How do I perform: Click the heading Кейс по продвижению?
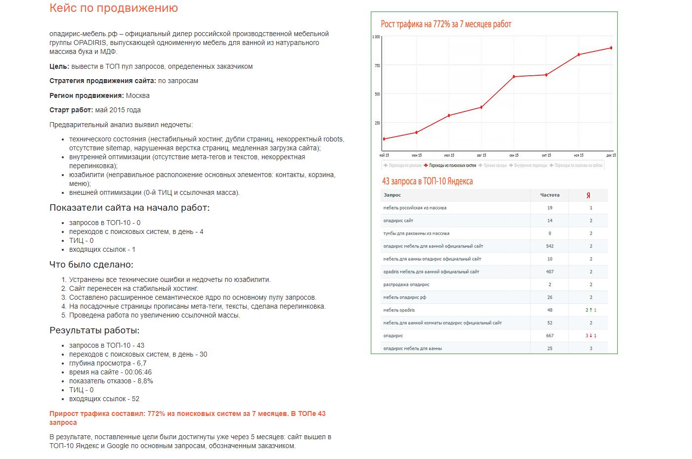(113, 8)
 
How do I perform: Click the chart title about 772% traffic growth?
(445, 24)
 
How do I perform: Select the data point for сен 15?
(514, 77)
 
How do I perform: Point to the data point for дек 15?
(611, 48)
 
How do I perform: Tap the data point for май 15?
(384, 139)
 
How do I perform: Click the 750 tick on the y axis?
(377, 65)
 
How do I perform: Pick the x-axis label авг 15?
(481, 155)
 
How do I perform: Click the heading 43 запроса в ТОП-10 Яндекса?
(427, 181)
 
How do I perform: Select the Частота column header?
(550, 195)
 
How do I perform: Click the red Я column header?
(588, 195)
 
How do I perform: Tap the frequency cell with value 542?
(550, 246)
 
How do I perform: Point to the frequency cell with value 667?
(550, 335)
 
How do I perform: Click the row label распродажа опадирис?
(406, 284)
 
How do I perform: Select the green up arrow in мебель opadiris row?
(591, 310)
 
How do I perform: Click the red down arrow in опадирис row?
(591, 335)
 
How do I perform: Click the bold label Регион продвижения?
(86, 95)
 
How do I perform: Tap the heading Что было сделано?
(91, 265)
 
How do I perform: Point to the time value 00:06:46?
(135, 372)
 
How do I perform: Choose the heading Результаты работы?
(94, 330)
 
